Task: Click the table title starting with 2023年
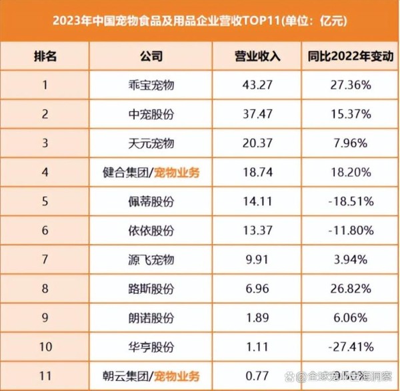click(200, 19)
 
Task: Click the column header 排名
click(45, 56)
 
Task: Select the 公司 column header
click(152, 56)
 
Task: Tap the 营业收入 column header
click(258, 56)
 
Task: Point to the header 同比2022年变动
click(349, 56)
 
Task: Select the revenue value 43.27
click(258, 85)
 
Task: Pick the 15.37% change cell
click(349, 114)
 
